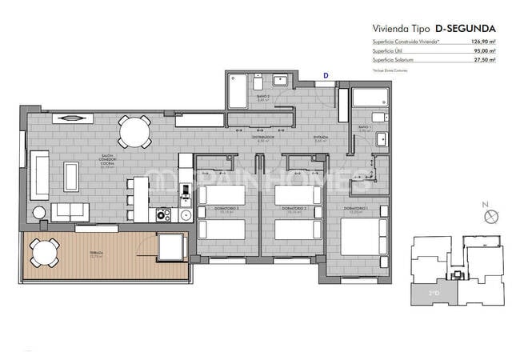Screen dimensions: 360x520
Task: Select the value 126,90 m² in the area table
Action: click(479, 41)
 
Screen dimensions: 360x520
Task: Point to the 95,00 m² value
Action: click(482, 50)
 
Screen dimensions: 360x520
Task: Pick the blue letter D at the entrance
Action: click(325, 75)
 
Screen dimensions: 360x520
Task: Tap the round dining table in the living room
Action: click(134, 132)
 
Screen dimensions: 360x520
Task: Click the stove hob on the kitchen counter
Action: click(164, 214)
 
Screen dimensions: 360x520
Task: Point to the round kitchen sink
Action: click(186, 214)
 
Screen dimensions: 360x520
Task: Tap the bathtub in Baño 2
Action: click(238, 91)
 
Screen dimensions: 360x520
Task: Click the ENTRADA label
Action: click(321, 137)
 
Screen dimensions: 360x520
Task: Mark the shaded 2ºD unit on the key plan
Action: click(433, 294)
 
